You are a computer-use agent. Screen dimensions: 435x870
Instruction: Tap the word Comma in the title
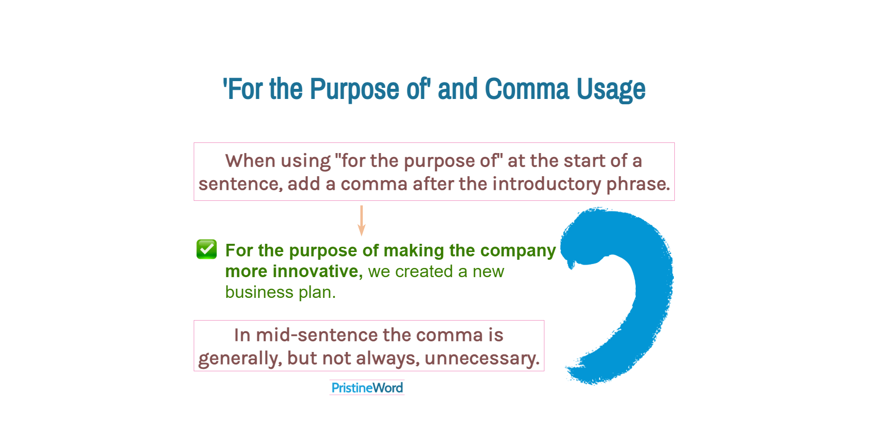click(527, 90)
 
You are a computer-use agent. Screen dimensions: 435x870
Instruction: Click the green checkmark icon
click(207, 249)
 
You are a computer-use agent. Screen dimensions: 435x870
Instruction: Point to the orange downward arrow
click(361, 221)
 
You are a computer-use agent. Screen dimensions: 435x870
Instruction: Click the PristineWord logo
click(367, 388)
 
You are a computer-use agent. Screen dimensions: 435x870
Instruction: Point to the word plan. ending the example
click(317, 292)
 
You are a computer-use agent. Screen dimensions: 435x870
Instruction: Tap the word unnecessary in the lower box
click(481, 358)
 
